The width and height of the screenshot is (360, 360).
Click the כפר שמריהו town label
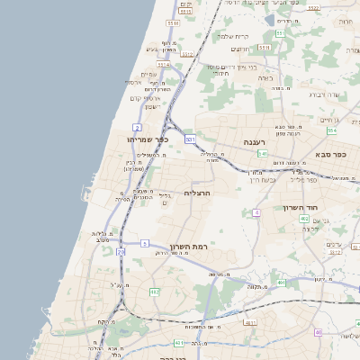click(x=149, y=139)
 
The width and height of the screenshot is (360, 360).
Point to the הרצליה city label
click(x=196, y=193)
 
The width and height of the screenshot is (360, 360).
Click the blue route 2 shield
click(x=137, y=128)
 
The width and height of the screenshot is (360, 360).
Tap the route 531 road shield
click(x=190, y=139)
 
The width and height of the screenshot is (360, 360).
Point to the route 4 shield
click(x=256, y=212)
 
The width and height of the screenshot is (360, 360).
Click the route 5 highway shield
click(x=144, y=243)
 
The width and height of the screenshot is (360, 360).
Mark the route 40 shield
click(x=319, y=333)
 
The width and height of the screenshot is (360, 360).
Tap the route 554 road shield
click(x=331, y=130)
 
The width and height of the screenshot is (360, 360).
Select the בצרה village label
click(x=265, y=78)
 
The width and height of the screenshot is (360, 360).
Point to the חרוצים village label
click(x=240, y=49)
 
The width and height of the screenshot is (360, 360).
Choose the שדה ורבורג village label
click(x=323, y=94)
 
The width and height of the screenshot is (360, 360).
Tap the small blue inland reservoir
click(x=269, y=19)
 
